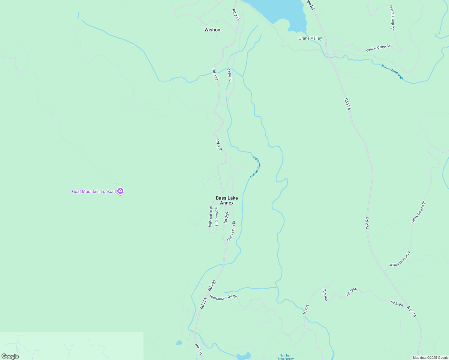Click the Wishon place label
tap(212, 30)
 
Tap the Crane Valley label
tap(310, 38)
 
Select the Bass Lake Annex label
tap(227, 200)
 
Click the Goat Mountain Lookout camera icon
tap(120, 191)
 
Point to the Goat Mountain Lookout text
tap(94, 191)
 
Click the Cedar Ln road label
tap(229, 75)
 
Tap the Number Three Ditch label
tap(255, 167)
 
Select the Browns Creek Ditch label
tap(392, 72)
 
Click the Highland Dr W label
tap(211, 216)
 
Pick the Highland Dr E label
tap(216, 216)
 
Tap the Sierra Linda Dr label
tap(231, 231)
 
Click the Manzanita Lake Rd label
tap(223, 297)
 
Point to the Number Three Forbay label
tap(285, 357)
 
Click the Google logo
tap(10, 356)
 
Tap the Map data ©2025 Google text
tap(430, 358)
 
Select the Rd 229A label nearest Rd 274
tap(397, 303)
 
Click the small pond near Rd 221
tap(179, 343)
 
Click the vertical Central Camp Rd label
tap(392, 17)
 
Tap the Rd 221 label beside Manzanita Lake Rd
tap(203, 303)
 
